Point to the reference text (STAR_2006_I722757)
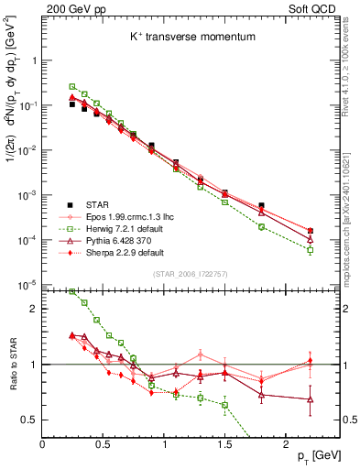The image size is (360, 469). tap(191, 274)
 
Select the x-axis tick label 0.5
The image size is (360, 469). tap(103, 442)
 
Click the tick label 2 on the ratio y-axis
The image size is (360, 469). tap(33, 309)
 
